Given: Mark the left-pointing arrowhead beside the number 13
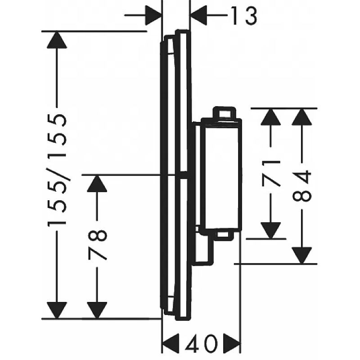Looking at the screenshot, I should pyautogui.click(x=199, y=16).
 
